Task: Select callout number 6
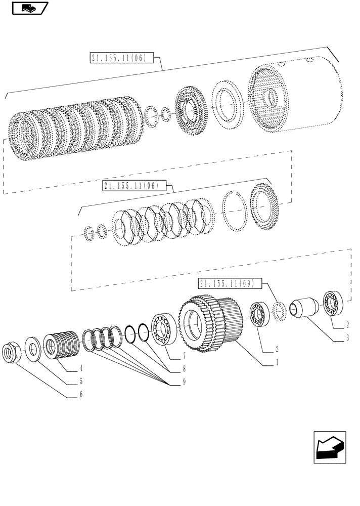(x=80, y=394)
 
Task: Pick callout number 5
(x=80, y=382)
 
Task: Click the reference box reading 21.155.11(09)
(x=230, y=283)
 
